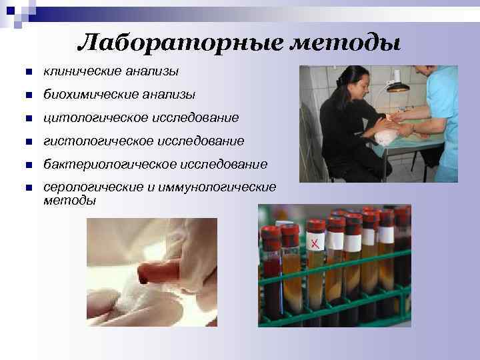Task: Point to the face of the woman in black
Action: click(x=356, y=85)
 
